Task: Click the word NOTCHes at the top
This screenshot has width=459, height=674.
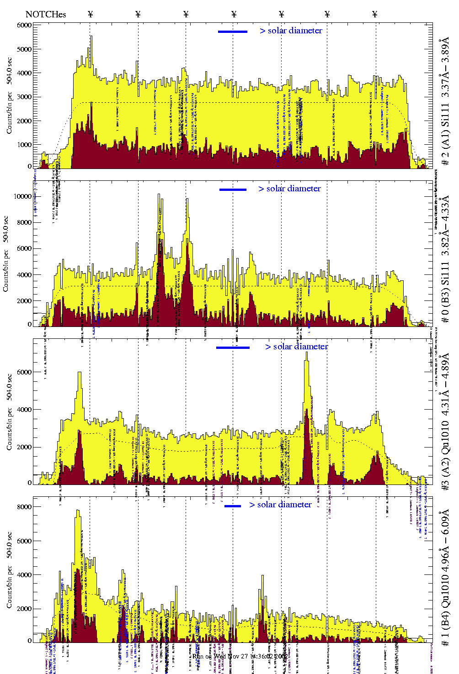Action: point(46,14)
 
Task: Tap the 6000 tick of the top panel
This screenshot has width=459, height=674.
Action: point(25,26)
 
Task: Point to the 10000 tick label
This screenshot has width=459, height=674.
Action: point(23,197)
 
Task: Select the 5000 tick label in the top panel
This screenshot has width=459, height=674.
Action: point(25,49)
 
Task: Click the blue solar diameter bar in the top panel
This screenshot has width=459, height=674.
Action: point(233,32)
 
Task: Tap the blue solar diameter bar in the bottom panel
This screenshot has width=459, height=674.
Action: point(233,506)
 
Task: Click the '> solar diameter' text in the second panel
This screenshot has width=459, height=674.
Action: point(289,189)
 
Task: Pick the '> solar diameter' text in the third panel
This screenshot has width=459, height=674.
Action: point(296,347)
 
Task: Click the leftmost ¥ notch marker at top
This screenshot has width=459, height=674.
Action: point(90,14)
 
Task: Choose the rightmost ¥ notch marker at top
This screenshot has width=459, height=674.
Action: point(375,14)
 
